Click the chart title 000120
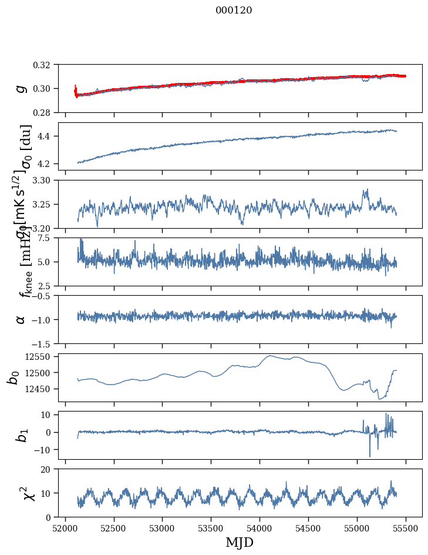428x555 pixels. point(234,10)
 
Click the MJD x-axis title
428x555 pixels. point(240,542)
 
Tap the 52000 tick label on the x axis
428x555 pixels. point(65,527)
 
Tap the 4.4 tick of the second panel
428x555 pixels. point(49,136)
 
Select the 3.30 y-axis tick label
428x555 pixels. point(46,180)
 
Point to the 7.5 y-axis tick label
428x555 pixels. point(49,238)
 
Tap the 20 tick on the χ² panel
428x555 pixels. point(50,470)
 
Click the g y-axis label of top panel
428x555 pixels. point(21,88)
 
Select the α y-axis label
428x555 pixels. point(21,319)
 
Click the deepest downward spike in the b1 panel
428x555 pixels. point(370,456)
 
